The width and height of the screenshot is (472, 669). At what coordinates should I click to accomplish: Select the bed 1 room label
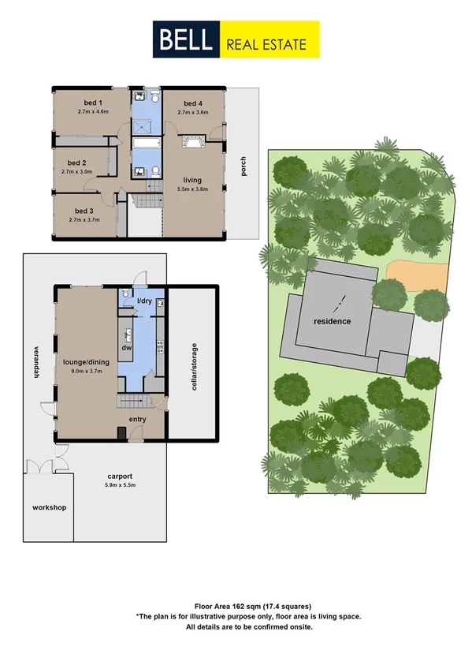[x=94, y=103]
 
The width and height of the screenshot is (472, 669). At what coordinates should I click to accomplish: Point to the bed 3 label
[x=84, y=211]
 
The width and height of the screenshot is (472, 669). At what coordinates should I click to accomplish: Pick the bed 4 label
[x=194, y=103]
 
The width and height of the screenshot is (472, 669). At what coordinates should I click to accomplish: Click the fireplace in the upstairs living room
[x=192, y=142]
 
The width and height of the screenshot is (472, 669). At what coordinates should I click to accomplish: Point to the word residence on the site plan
[x=332, y=322]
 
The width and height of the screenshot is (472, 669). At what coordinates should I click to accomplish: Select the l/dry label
[x=144, y=302]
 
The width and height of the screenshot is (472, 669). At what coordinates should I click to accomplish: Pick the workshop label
[x=50, y=506]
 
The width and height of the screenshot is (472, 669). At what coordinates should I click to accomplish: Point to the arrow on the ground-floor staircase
[x=132, y=403]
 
